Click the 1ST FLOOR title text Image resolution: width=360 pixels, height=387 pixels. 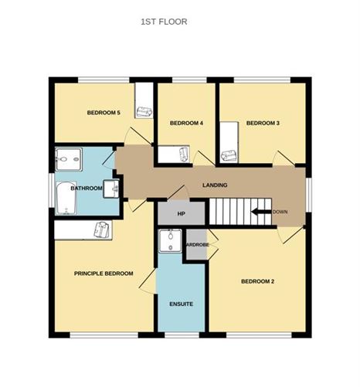coord(163,22)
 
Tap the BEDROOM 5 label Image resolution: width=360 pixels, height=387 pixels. coord(103,113)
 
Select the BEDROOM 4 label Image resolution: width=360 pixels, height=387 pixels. coord(185,123)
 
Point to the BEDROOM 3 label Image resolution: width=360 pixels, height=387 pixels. coord(263,123)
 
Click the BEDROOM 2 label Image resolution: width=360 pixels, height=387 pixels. coord(257,281)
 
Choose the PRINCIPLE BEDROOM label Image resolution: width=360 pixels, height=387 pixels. coord(104,273)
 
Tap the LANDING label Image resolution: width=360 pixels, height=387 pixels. coord(214,186)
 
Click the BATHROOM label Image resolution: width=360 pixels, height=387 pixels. coord(86,188)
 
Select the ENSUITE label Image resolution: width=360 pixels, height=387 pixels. coord(181,304)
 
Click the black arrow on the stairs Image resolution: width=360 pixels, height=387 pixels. coord(260,212)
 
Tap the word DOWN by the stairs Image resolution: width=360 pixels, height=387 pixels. coord(280,212)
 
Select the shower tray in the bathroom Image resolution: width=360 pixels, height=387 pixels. coord(71,160)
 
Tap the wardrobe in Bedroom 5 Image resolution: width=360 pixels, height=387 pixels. coord(144,100)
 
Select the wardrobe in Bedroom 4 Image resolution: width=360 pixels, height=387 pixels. coord(175,155)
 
